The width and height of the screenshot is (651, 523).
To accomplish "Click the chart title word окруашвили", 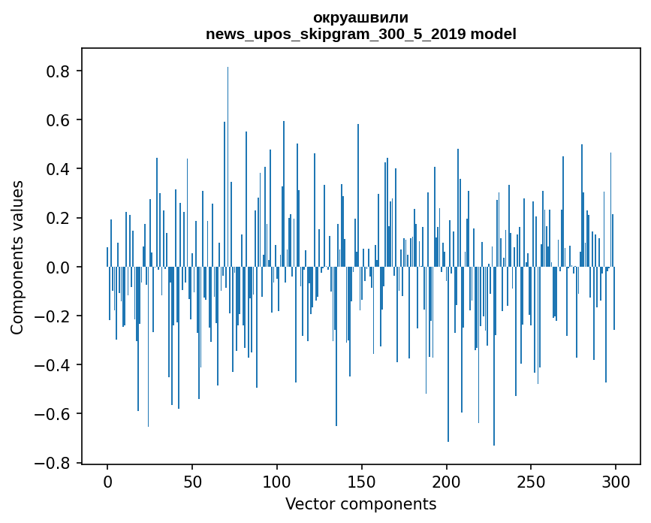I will (360, 17).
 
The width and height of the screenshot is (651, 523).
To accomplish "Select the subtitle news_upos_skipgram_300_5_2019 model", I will (360, 34).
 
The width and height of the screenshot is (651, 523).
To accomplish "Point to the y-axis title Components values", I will (17, 257).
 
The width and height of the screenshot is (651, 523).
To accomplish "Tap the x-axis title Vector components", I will (360, 504).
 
